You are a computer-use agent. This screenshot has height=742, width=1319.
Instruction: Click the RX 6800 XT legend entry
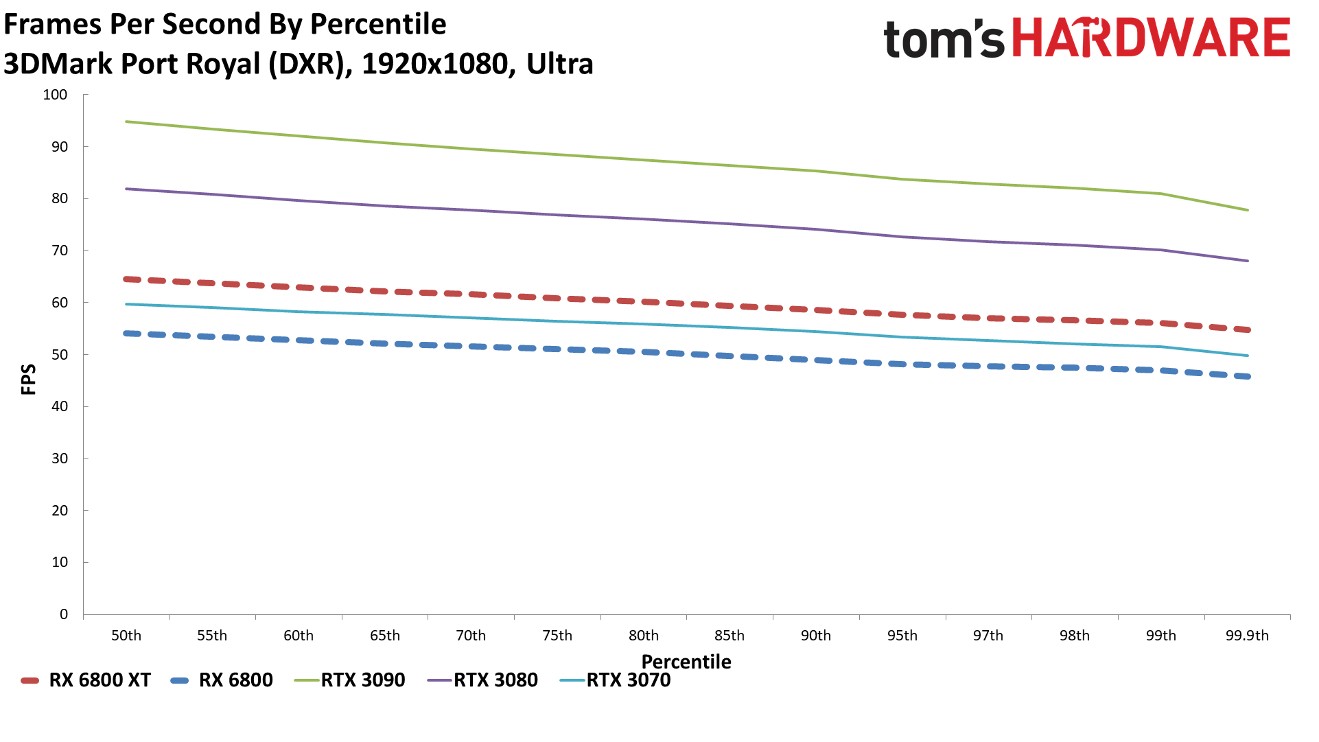point(86,680)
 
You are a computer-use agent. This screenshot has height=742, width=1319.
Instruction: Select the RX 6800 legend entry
point(222,680)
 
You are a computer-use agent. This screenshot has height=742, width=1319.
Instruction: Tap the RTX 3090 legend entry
point(350,680)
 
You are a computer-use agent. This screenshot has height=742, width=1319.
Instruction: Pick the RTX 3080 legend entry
point(482,680)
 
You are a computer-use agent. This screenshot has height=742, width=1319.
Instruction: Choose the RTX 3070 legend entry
point(616,680)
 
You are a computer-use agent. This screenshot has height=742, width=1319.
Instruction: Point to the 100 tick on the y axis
point(56,95)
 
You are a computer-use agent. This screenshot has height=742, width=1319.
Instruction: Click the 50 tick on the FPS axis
point(60,355)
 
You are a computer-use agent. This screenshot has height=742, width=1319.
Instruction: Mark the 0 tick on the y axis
point(64,614)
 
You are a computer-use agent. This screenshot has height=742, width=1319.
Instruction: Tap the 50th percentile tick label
point(126,636)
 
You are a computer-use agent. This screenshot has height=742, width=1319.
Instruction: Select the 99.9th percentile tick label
point(1247,636)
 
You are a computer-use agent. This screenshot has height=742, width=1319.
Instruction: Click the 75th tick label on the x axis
point(557,636)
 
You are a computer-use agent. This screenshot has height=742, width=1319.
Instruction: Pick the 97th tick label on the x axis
point(988,636)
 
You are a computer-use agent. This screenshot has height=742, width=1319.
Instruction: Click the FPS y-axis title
point(29,380)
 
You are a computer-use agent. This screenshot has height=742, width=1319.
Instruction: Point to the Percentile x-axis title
point(686,662)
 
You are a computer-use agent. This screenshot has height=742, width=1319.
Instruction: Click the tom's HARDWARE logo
point(1086,38)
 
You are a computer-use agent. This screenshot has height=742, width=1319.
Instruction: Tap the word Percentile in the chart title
point(378,24)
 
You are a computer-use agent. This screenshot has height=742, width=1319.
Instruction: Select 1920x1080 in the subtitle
point(434,64)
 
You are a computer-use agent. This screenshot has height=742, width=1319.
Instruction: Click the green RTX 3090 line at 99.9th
point(1247,210)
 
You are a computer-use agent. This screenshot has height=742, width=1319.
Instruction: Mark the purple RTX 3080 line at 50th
point(127,189)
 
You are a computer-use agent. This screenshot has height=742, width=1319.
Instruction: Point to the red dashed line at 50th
point(127,279)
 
